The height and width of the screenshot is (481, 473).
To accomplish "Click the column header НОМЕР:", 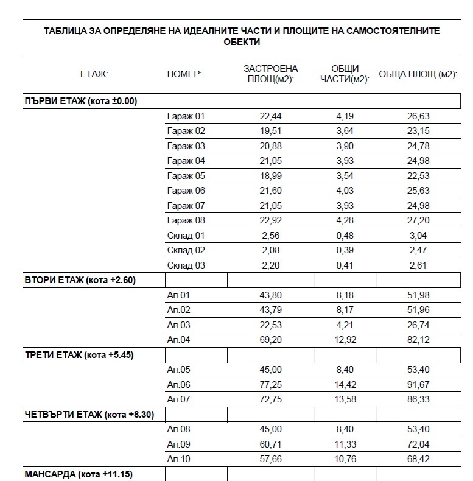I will pos(184,74).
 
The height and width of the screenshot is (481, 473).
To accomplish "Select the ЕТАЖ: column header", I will pos(94,74).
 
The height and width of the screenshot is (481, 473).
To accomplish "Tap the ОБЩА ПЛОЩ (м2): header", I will pos(418,74).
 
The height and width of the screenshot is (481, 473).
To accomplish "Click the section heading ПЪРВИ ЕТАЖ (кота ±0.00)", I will pos(80,101).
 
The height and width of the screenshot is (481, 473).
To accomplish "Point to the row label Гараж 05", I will pos(186,176).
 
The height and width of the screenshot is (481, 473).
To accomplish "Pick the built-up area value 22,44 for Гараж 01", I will pos(270,116).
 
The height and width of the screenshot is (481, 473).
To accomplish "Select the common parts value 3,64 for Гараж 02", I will pos(345,131).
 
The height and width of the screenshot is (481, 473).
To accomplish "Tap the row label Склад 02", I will pos(186,250).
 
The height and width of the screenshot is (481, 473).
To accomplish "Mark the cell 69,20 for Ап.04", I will pos(270,340).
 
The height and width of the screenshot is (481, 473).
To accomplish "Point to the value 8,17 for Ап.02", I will pos(345,310).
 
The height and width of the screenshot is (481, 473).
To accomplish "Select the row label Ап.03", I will pos(178,325).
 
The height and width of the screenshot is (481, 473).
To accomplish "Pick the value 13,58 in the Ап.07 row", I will pos(345,399).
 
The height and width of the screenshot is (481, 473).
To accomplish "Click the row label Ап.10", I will pos(178,459).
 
